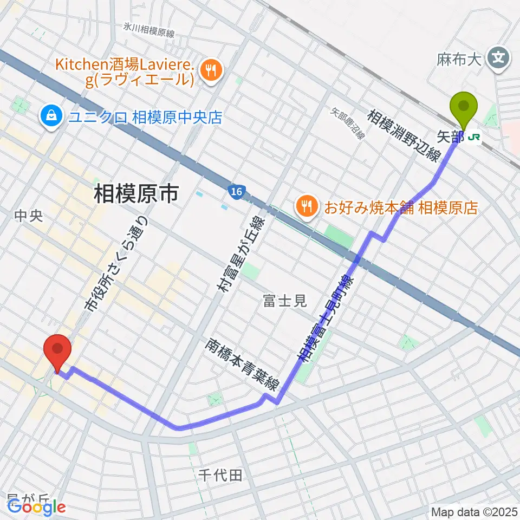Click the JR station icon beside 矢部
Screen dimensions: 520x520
[x=474, y=137]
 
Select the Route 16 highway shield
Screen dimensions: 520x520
[x=235, y=192]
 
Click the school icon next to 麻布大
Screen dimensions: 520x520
[x=498, y=56]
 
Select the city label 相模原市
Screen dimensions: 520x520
[x=136, y=193]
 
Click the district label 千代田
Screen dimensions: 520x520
[x=220, y=476]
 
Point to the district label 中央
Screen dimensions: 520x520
[x=28, y=216]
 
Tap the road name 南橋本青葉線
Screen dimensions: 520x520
[x=243, y=365]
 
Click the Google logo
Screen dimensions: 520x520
[x=37, y=508]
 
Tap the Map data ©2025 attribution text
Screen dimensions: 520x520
[x=474, y=511]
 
